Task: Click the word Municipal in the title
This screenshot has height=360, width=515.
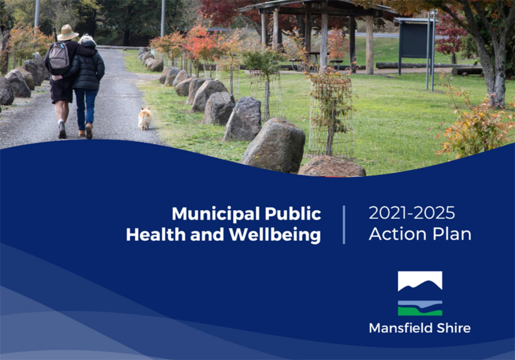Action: point(208,214)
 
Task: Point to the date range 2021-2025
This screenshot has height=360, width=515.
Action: point(412,213)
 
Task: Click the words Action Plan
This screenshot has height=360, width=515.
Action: point(420,234)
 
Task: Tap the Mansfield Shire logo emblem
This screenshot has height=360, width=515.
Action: point(420,293)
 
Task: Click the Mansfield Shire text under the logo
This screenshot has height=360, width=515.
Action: point(420,328)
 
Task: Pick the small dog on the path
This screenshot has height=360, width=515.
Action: point(145,118)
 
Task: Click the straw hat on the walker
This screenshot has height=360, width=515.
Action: point(68,33)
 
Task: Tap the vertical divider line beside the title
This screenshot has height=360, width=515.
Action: point(344,224)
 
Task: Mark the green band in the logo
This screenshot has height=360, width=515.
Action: point(420,311)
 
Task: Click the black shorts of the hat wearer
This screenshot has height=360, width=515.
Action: point(61,91)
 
